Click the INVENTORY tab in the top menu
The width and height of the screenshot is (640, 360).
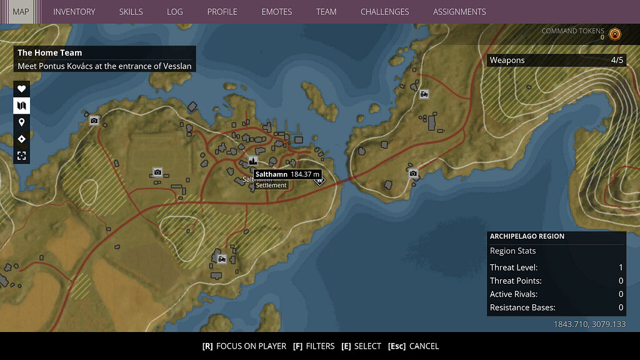tap(74, 11)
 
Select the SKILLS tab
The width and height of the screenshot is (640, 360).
tap(131, 11)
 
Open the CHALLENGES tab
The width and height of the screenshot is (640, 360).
tap(384, 11)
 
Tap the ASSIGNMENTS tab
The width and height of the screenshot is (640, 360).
tap(459, 11)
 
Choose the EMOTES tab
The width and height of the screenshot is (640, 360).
tap(276, 11)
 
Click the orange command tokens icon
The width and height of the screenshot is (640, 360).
tap(615, 34)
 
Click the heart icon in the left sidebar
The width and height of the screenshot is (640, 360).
tap(21, 89)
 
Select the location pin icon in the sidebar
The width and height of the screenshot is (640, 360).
tap(21, 122)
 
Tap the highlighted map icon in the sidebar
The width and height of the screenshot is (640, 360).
tap(21, 105)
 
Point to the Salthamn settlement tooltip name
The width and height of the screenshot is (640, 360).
tap(271, 174)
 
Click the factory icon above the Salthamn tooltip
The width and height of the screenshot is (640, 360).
tap(253, 161)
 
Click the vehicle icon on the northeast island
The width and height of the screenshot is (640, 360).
tap(424, 94)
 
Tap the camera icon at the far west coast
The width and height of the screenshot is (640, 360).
tap(94, 121)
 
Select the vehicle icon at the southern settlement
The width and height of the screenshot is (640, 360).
tap(221, 259)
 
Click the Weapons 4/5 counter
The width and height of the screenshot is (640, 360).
tap(556, 60)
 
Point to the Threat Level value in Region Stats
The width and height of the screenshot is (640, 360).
tap(621, 267)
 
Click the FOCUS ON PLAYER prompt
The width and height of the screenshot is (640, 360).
tap(244, 346)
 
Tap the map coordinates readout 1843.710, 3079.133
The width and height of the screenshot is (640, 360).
tap(589, 324)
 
